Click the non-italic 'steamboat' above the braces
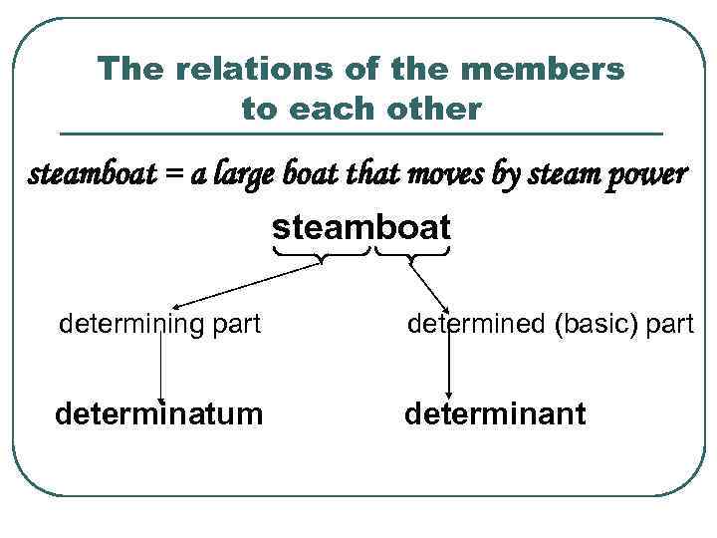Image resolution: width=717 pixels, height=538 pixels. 361,227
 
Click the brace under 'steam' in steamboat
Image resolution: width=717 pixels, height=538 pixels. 320,257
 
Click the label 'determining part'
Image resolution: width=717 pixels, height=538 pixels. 160,324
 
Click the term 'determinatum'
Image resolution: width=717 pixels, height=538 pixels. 159,412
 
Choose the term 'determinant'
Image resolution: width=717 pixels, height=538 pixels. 495,412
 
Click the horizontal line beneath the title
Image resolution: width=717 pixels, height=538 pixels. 360,134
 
